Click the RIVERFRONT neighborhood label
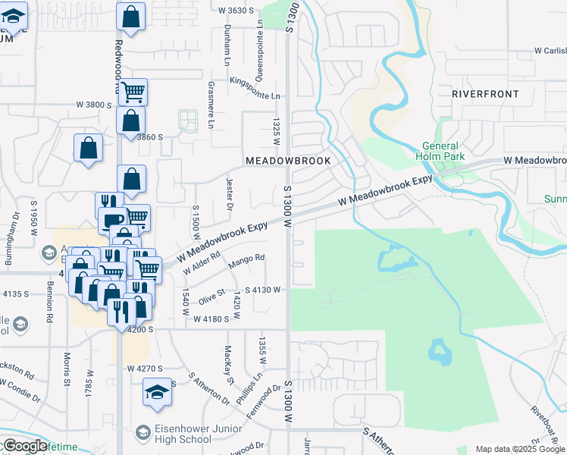[485, 94]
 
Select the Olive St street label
[212, 297]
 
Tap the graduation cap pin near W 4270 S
[156, 391]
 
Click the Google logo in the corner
[24, 446]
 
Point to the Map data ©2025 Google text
[519, 449]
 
